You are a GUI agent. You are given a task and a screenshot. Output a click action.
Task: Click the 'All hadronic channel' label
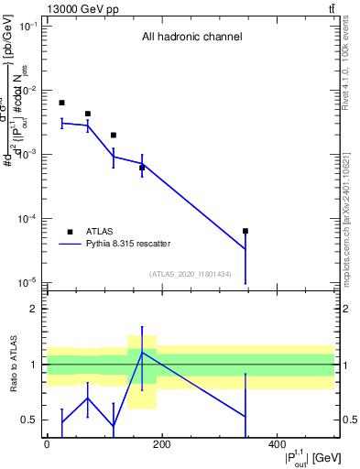(191, 38)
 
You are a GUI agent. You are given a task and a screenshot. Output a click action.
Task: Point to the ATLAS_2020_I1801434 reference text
(191, 274)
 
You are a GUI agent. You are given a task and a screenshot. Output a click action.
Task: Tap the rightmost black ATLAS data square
(245, 231)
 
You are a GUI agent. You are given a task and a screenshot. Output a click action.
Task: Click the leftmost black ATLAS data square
(61, 103)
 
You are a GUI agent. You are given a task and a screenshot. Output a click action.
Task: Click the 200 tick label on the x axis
(161, 445)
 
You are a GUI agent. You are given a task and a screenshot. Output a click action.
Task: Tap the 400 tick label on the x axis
(277, 445)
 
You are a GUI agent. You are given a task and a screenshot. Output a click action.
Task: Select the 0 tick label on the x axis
(47, 445)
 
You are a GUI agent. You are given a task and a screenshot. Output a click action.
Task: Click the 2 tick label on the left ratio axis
(33, 310)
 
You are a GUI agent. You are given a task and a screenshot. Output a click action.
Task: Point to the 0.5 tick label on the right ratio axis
(349, 420)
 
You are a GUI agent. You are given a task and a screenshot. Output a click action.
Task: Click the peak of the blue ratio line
(142, 353)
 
